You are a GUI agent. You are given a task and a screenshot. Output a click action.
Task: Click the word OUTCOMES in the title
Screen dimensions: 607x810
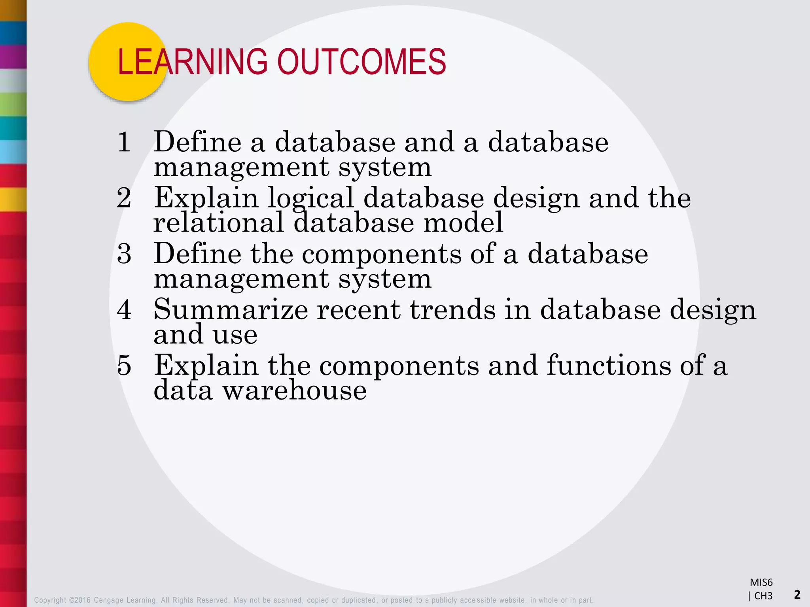(x=361, y=62)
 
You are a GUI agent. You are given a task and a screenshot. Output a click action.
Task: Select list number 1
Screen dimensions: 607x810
(x=124, y=142)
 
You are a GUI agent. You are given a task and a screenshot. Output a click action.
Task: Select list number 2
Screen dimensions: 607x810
(x=124, y=198)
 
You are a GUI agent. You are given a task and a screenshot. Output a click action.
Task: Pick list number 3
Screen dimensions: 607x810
(x=124, y=254)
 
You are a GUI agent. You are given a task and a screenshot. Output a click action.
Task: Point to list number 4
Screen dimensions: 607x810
(x=124, y=309)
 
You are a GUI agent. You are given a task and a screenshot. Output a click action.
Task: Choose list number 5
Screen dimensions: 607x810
(x=124, y=365)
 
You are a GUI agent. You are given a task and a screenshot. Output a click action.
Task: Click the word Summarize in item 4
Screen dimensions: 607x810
(x=231, y=309)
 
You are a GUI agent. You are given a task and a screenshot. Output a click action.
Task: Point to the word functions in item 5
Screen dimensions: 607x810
(x=609, y=365)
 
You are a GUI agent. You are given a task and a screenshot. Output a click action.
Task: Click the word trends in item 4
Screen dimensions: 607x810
(x=452, y=309)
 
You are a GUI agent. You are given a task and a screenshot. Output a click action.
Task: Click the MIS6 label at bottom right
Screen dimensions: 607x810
(x=761, y=582)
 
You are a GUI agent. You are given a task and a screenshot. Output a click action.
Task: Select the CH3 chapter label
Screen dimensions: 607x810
(x=763, y=596)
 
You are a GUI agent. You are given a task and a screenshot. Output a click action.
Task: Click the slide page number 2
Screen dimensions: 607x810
(x=797, y=594)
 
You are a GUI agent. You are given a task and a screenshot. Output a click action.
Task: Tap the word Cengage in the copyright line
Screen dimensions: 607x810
(x=109, y=600)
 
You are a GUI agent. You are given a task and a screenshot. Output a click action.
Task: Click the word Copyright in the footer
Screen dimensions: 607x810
(x=50, y=600)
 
